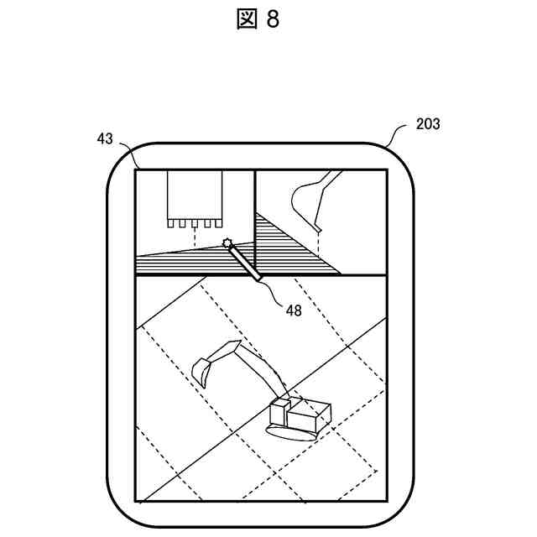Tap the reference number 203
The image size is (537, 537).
click(428, 124)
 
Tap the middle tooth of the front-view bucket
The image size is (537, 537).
click(195, 224)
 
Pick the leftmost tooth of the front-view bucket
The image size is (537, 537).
click(170, 224)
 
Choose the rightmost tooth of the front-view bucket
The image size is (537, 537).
click(218, 224)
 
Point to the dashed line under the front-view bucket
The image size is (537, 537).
click(195, 237)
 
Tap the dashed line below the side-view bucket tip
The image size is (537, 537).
click(319, 245)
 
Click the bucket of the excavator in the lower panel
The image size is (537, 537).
click(201, 369)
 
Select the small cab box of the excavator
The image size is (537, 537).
click(279, 413)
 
